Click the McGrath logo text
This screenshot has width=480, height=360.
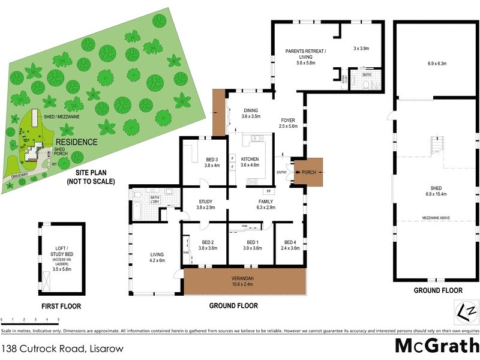tap(436, 346)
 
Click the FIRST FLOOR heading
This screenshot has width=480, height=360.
tap(61, 306)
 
